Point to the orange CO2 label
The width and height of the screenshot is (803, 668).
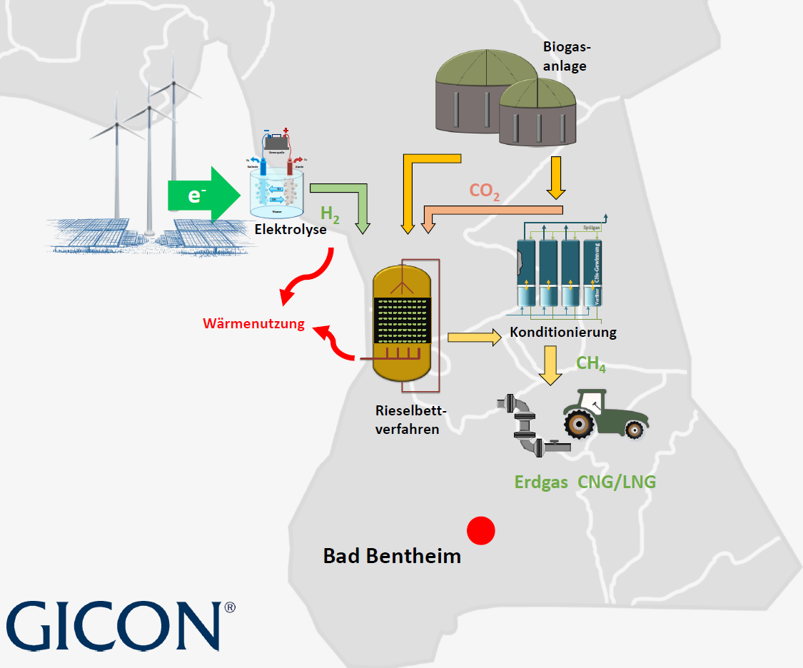(485, 191)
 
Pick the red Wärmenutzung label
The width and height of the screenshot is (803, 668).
(253, 324)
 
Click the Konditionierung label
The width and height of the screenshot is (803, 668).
(563, 332)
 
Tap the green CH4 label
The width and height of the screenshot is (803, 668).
(591, 364)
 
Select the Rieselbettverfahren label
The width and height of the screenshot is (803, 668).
(408, 420)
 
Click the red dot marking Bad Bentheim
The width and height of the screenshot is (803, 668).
(481, 530)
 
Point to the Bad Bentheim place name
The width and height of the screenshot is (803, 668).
(392, 556)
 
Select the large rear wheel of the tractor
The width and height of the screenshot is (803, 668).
(580, 425)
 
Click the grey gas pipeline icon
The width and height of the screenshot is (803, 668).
(529, 427)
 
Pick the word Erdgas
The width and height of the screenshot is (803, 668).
(541, 482)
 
